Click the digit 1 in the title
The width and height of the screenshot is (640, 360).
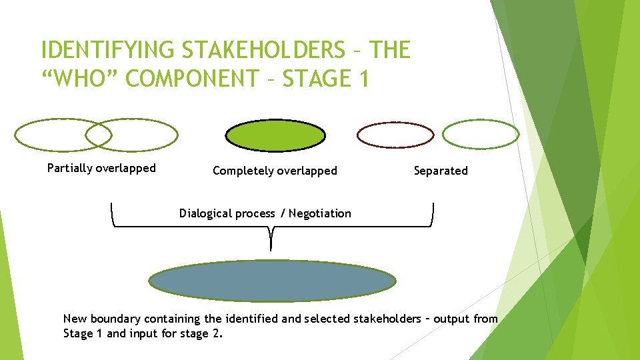click(x=363, y=79)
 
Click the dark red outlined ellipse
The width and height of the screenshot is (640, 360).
click(x=395, y=135)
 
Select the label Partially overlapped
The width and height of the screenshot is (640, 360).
click(x=101, y=168)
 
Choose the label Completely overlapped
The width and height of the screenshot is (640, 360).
click(x=275, y=171)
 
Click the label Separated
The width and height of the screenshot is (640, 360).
click(x=441, y=171)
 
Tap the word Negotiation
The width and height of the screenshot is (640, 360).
click(x=319, y=213)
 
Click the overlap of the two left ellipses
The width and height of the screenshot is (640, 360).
click(x=99, y=135)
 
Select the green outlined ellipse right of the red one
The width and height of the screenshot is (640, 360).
click(x=481, y=135)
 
